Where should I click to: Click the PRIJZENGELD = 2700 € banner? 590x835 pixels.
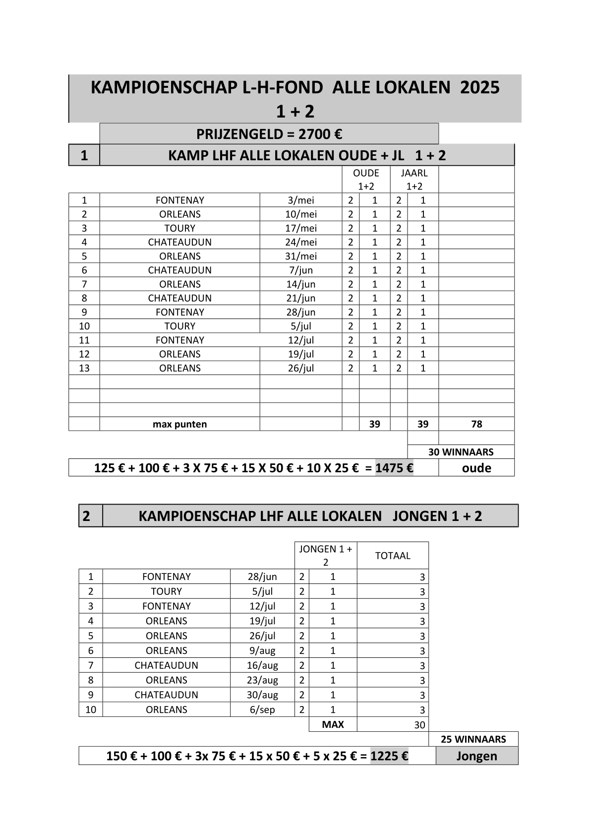269,134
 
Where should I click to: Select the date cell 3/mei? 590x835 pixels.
301,200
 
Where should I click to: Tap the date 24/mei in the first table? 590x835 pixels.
301,242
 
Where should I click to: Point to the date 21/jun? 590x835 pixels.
301,298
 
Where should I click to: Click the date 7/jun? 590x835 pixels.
301,270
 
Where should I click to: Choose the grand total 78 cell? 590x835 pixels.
476,424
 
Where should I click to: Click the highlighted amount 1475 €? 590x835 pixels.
394,468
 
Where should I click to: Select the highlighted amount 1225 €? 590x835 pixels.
389,756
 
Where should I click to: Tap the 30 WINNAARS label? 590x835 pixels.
461,452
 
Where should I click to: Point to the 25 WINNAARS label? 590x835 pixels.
473,739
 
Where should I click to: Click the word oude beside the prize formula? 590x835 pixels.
476,468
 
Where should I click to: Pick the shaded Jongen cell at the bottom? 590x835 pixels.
476,756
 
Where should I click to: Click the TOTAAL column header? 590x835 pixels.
393,556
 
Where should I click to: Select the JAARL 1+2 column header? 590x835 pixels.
414,180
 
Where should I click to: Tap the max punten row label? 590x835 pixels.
179,424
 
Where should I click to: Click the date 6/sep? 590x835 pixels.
262,710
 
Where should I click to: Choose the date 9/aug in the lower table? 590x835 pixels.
262,651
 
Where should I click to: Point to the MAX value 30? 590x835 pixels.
419,725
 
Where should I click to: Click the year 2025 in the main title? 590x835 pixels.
479,87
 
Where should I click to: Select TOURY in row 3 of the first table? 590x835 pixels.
179,228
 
